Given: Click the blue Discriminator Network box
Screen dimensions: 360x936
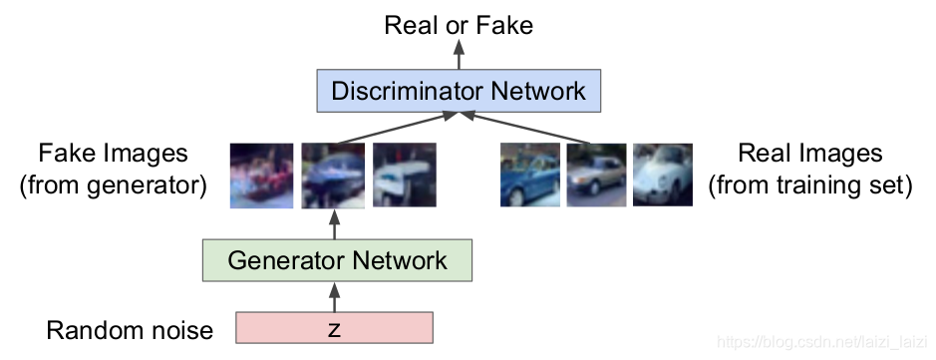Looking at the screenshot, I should tap(458, 92).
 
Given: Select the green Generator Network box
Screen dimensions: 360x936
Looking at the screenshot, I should tap(336, 261).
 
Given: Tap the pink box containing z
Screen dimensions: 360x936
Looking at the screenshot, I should tap(334, 328).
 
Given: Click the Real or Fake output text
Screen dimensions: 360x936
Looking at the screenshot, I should tap(459, 24).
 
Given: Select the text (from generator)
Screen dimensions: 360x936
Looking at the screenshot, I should tap(113, 185).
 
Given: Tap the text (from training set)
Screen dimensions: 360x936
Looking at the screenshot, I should tap(809, 185).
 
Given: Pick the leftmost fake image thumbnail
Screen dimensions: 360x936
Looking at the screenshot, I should tap(261, 176).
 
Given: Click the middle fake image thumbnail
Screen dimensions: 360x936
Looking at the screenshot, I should tap(333, 176).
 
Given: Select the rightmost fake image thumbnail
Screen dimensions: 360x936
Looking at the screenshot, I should tap(404, 176).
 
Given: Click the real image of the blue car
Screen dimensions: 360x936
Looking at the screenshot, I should tap(529, 176).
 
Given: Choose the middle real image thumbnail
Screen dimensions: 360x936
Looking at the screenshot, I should tap(596, 176).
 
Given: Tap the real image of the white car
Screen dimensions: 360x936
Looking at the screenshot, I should tap(661, 176).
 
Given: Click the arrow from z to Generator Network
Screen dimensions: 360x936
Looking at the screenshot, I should tap(335, 297).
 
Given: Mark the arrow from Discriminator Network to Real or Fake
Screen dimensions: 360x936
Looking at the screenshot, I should tap(459, 56).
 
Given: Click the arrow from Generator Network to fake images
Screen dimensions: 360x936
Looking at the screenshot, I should tap(335, 225).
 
